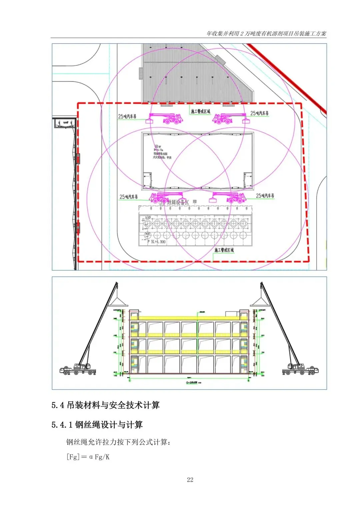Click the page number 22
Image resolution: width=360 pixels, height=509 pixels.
pyautogui.click(x=190, y=480)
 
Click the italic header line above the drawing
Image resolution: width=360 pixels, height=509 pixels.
pyautogui.click(x=266, y=33)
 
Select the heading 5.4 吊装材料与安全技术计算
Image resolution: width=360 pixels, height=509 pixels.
pyautogui.click(x=105, y=405)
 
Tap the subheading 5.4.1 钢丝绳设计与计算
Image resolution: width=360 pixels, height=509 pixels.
pyautogui.click(x=97, y=425)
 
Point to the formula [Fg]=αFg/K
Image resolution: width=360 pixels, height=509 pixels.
pyautogui.click(x=88, y=457)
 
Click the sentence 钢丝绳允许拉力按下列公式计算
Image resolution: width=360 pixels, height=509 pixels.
pyautogui.click(x=118, y=442)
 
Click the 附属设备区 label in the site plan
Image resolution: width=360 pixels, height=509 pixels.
pyautogui.click(x=178, y=202)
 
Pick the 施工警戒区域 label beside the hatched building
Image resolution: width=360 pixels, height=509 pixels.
pyautogui.click(x=200, y=111)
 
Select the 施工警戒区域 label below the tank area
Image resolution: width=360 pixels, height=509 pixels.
pyautogui.click(x=224, y=250)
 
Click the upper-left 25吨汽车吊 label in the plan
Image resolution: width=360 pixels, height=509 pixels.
pyautogui.click(x=127, y=116)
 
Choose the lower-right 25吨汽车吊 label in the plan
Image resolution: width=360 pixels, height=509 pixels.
pyautogui.click(x=265, y=196)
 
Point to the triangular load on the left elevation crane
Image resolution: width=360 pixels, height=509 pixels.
pyautogui.click(x=119, y=302)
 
